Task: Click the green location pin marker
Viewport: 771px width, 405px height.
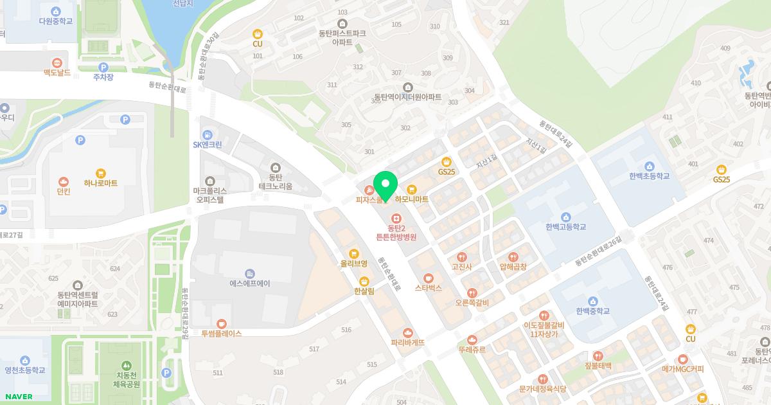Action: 385,185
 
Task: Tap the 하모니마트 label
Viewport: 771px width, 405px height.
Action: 412,200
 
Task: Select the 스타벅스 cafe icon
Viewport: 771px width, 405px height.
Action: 429,278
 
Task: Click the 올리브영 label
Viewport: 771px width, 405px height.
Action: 354,264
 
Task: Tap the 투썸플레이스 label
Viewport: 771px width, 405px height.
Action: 221,334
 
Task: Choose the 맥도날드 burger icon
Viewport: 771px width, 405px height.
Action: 57,63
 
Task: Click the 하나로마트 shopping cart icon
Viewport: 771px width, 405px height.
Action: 101,173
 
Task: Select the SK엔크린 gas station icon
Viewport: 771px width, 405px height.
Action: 208,134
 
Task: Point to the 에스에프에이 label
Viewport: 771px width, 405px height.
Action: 250,283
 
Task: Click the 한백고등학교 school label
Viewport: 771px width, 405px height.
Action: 566,227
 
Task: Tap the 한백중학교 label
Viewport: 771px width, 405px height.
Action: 592,311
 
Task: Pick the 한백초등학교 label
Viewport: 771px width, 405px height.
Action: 650,176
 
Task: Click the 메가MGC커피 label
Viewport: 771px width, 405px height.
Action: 683,369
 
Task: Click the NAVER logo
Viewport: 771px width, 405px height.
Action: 17,397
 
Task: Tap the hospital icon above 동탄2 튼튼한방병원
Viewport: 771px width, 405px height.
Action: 396,218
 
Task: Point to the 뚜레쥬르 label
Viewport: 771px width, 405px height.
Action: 472,350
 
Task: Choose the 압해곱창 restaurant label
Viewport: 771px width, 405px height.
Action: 513,267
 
